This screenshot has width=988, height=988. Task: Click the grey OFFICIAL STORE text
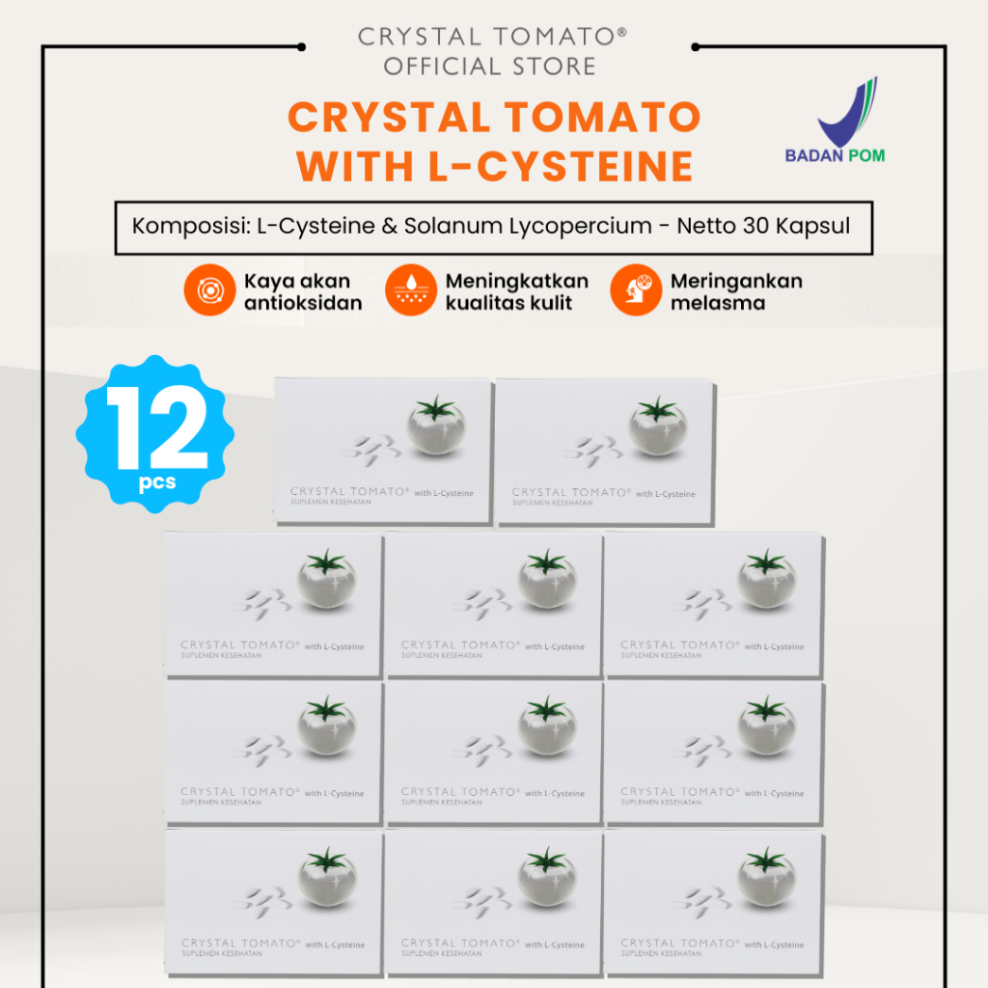[x=490, y=67]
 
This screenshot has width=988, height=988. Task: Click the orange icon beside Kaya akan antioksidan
[x=209, y=290]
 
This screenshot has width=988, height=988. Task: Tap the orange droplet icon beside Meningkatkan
[x=410, y=290]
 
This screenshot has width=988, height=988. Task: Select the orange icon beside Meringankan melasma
[x=635, y=290]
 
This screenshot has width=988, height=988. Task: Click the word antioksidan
[x=303, y=302]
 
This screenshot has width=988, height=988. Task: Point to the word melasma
[x=718, y=302]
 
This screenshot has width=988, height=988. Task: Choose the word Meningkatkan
[x=516, y=281]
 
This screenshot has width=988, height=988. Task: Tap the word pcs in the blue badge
[x=156, y=482]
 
